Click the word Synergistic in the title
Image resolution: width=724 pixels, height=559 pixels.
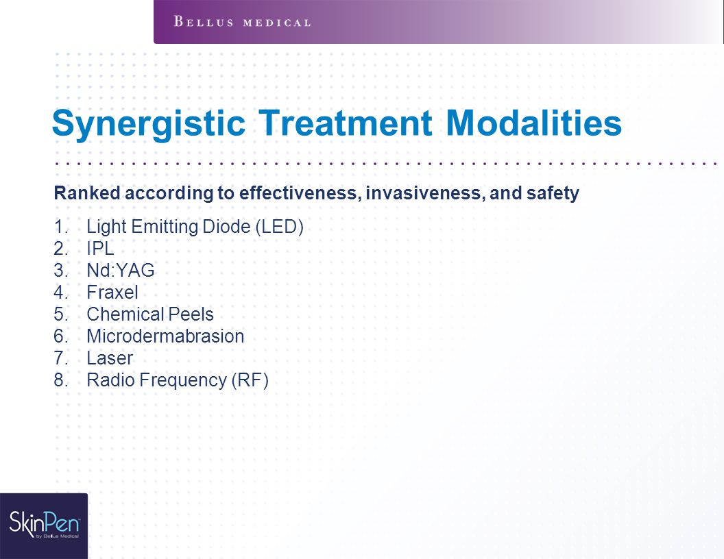(148, 123)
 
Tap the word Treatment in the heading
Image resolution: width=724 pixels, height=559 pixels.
(346, 123)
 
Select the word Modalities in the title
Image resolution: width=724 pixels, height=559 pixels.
(534, 123)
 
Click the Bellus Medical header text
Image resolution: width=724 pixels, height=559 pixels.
(243, 22)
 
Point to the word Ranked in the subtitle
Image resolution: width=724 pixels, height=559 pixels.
(87, 192)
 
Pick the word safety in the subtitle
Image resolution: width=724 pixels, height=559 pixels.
(553, 193)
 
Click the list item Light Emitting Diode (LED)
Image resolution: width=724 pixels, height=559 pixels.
(195, 227)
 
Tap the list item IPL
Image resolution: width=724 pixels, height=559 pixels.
(100, 249)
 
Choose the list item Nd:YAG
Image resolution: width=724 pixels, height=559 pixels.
(121, 271)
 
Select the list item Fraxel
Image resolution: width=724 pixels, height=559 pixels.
(112, 293)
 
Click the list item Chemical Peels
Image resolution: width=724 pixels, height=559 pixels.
(150, 314)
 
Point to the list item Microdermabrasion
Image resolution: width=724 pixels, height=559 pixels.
(165, 336)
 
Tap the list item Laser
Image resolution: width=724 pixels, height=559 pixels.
(110, 358)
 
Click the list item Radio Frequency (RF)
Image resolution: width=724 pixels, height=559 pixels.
(178, 380)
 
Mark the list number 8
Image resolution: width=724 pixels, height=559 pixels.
(61, 380)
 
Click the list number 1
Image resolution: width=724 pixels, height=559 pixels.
(61, 227)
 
